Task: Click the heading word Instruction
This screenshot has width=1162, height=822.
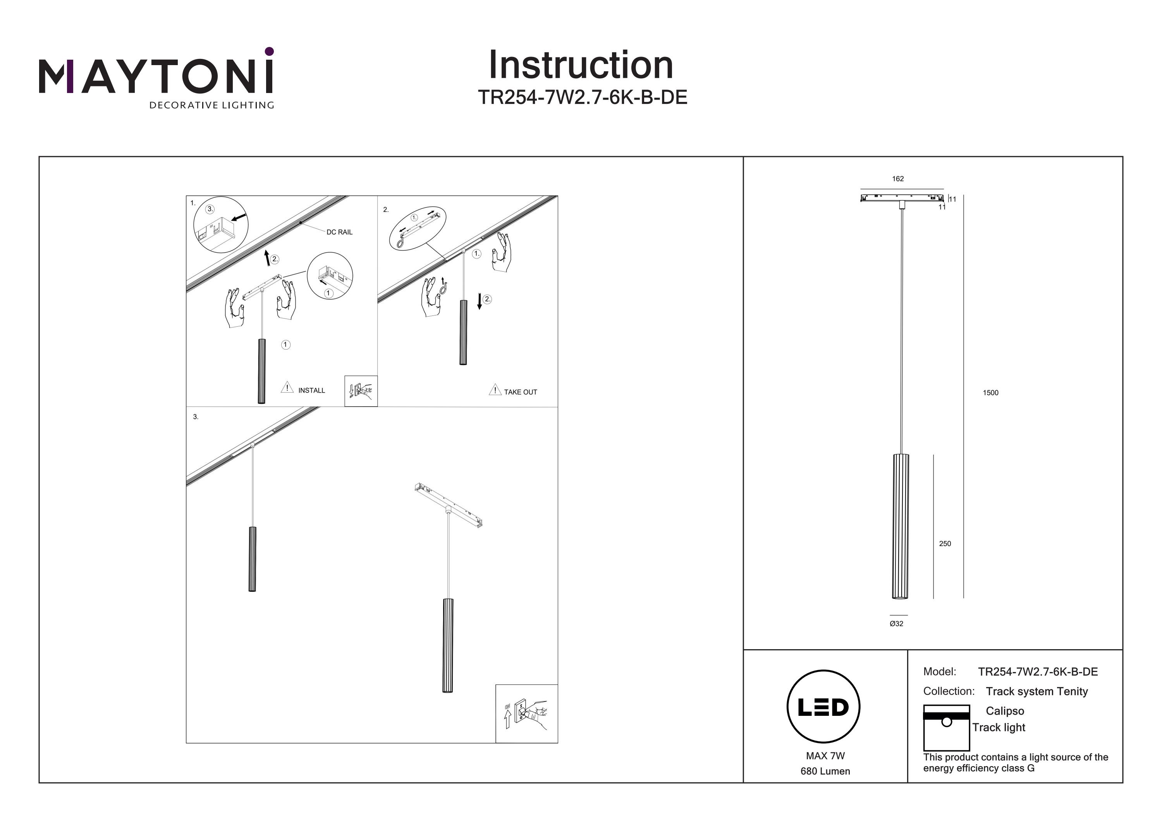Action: [581, 65]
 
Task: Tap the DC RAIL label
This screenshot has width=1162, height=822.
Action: [339, 232]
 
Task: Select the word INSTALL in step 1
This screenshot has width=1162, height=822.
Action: [311, 391]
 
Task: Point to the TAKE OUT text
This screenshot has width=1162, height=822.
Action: [520, 392]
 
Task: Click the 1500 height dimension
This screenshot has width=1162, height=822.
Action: [990, 393]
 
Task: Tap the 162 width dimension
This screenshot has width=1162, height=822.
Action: [898, 179]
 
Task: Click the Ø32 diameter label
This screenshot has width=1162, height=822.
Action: [896, 624]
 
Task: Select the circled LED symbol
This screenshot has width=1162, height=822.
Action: [823, 707]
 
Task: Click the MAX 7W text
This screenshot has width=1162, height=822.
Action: [825, 756]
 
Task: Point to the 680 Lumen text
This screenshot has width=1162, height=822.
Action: [825, 771]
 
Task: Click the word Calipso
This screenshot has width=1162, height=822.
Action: [1005, 711]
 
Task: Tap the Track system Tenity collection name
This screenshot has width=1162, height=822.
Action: [1037, 691]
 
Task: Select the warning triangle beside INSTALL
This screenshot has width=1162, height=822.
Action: [287, 388]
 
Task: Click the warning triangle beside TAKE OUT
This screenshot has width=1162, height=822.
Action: [495, 389]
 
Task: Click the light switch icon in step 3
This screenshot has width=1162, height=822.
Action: [526, 714]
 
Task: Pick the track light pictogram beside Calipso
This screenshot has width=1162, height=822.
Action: [946, 728]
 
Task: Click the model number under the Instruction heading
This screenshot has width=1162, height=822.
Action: [583, 97]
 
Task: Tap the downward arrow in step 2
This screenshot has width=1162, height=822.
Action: [479, 302]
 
